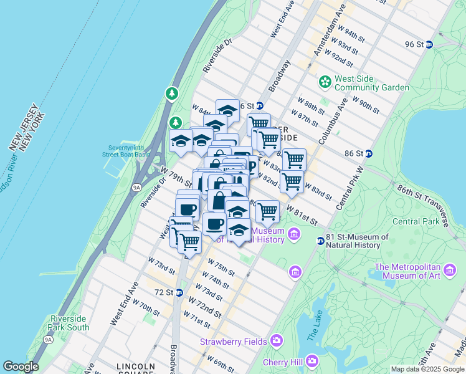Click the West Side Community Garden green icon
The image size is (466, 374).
tap(325, 82)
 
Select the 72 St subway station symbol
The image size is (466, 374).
tap(179, 292)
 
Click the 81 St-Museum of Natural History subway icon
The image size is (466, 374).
tap(320, 241)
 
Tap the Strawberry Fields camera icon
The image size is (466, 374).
tap(276, 341)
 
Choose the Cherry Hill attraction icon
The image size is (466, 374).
tap(311, 360)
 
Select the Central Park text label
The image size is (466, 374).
tap(416, 221)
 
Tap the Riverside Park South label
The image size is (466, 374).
tap(70, 323)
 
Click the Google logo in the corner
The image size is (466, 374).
tap(21, 367)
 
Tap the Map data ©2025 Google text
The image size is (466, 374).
tap(427, 369)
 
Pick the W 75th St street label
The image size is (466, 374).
tap(221, 267)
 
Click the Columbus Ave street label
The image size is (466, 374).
tap(331, 122)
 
